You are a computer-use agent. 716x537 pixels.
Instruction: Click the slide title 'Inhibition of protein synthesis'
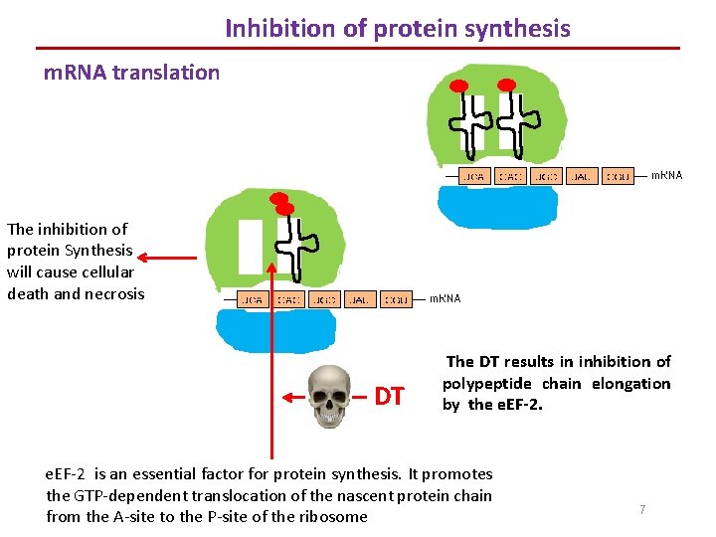398,28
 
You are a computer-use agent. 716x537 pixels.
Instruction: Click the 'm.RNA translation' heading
131,72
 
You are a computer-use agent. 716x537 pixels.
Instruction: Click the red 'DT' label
389,397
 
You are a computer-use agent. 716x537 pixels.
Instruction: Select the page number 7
642,509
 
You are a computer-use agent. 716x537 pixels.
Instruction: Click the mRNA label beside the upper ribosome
666,176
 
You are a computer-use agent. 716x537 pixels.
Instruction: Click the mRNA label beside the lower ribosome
444,297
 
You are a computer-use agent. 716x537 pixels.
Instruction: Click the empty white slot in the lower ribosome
251,247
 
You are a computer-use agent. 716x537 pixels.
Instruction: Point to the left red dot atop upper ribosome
460,85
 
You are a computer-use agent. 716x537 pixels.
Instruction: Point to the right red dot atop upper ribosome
506,85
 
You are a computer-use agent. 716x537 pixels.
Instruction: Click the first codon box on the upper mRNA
474,177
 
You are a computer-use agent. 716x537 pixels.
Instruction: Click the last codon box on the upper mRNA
618,177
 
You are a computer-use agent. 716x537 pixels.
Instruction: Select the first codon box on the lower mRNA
254,298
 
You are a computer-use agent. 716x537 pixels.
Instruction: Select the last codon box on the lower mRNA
396,298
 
